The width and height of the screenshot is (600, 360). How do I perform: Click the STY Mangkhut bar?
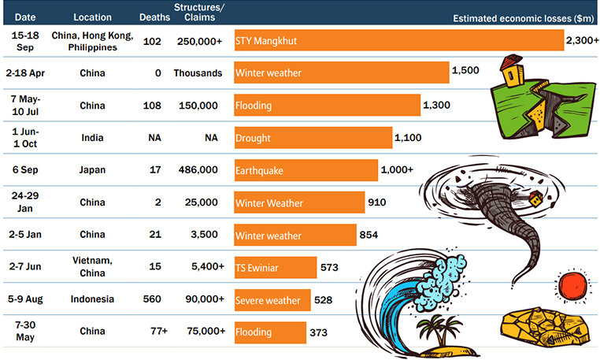[x=398, y=40]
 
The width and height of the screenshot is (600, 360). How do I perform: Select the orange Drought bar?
[x=313, y=138]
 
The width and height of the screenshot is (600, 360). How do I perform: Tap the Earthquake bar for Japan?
[x=306, y=170]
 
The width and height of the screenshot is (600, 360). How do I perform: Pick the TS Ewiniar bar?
[x=275, y=268]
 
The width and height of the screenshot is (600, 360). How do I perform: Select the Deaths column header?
[x=154, y=17]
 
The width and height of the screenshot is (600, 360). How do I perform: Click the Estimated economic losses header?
[x=522, y=17]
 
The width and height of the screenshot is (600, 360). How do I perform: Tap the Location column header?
[x=92, y=17]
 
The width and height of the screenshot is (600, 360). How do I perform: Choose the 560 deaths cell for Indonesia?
[x=154, y=299]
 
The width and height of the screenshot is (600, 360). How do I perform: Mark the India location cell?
[x=92, y=138]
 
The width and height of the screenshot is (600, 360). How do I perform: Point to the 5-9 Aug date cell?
[x=27, y=299]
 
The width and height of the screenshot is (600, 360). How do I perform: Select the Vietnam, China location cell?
[x=92, y=268]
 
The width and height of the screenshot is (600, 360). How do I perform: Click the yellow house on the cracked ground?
[x=514, y=72]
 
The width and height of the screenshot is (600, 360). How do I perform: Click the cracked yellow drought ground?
[x=543, y=327]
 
